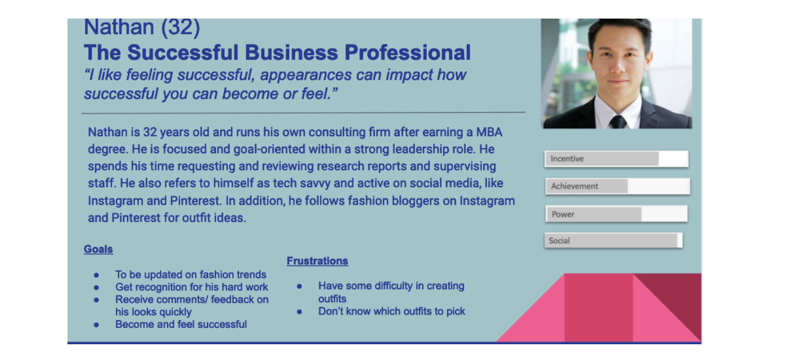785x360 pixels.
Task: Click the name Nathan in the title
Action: coord(119,28)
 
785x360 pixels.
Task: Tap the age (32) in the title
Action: coord(181,28)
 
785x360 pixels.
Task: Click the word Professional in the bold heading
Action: coord(408,52)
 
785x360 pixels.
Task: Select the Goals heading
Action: coord(98,249)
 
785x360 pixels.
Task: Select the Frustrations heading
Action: coord(317,261)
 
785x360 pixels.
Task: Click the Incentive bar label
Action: coord(567,159)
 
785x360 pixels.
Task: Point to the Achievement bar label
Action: coord(574,186)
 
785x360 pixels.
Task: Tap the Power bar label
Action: coord(563,214)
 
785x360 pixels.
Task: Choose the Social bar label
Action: coord(559,241)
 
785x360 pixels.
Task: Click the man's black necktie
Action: coord(617,121)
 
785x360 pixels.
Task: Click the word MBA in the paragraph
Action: coord(489,132)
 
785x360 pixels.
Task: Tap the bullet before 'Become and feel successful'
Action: coord(96,325)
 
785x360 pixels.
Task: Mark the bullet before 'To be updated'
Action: coord(96,275)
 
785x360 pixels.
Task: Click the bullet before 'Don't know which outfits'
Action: coord(299,312)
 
